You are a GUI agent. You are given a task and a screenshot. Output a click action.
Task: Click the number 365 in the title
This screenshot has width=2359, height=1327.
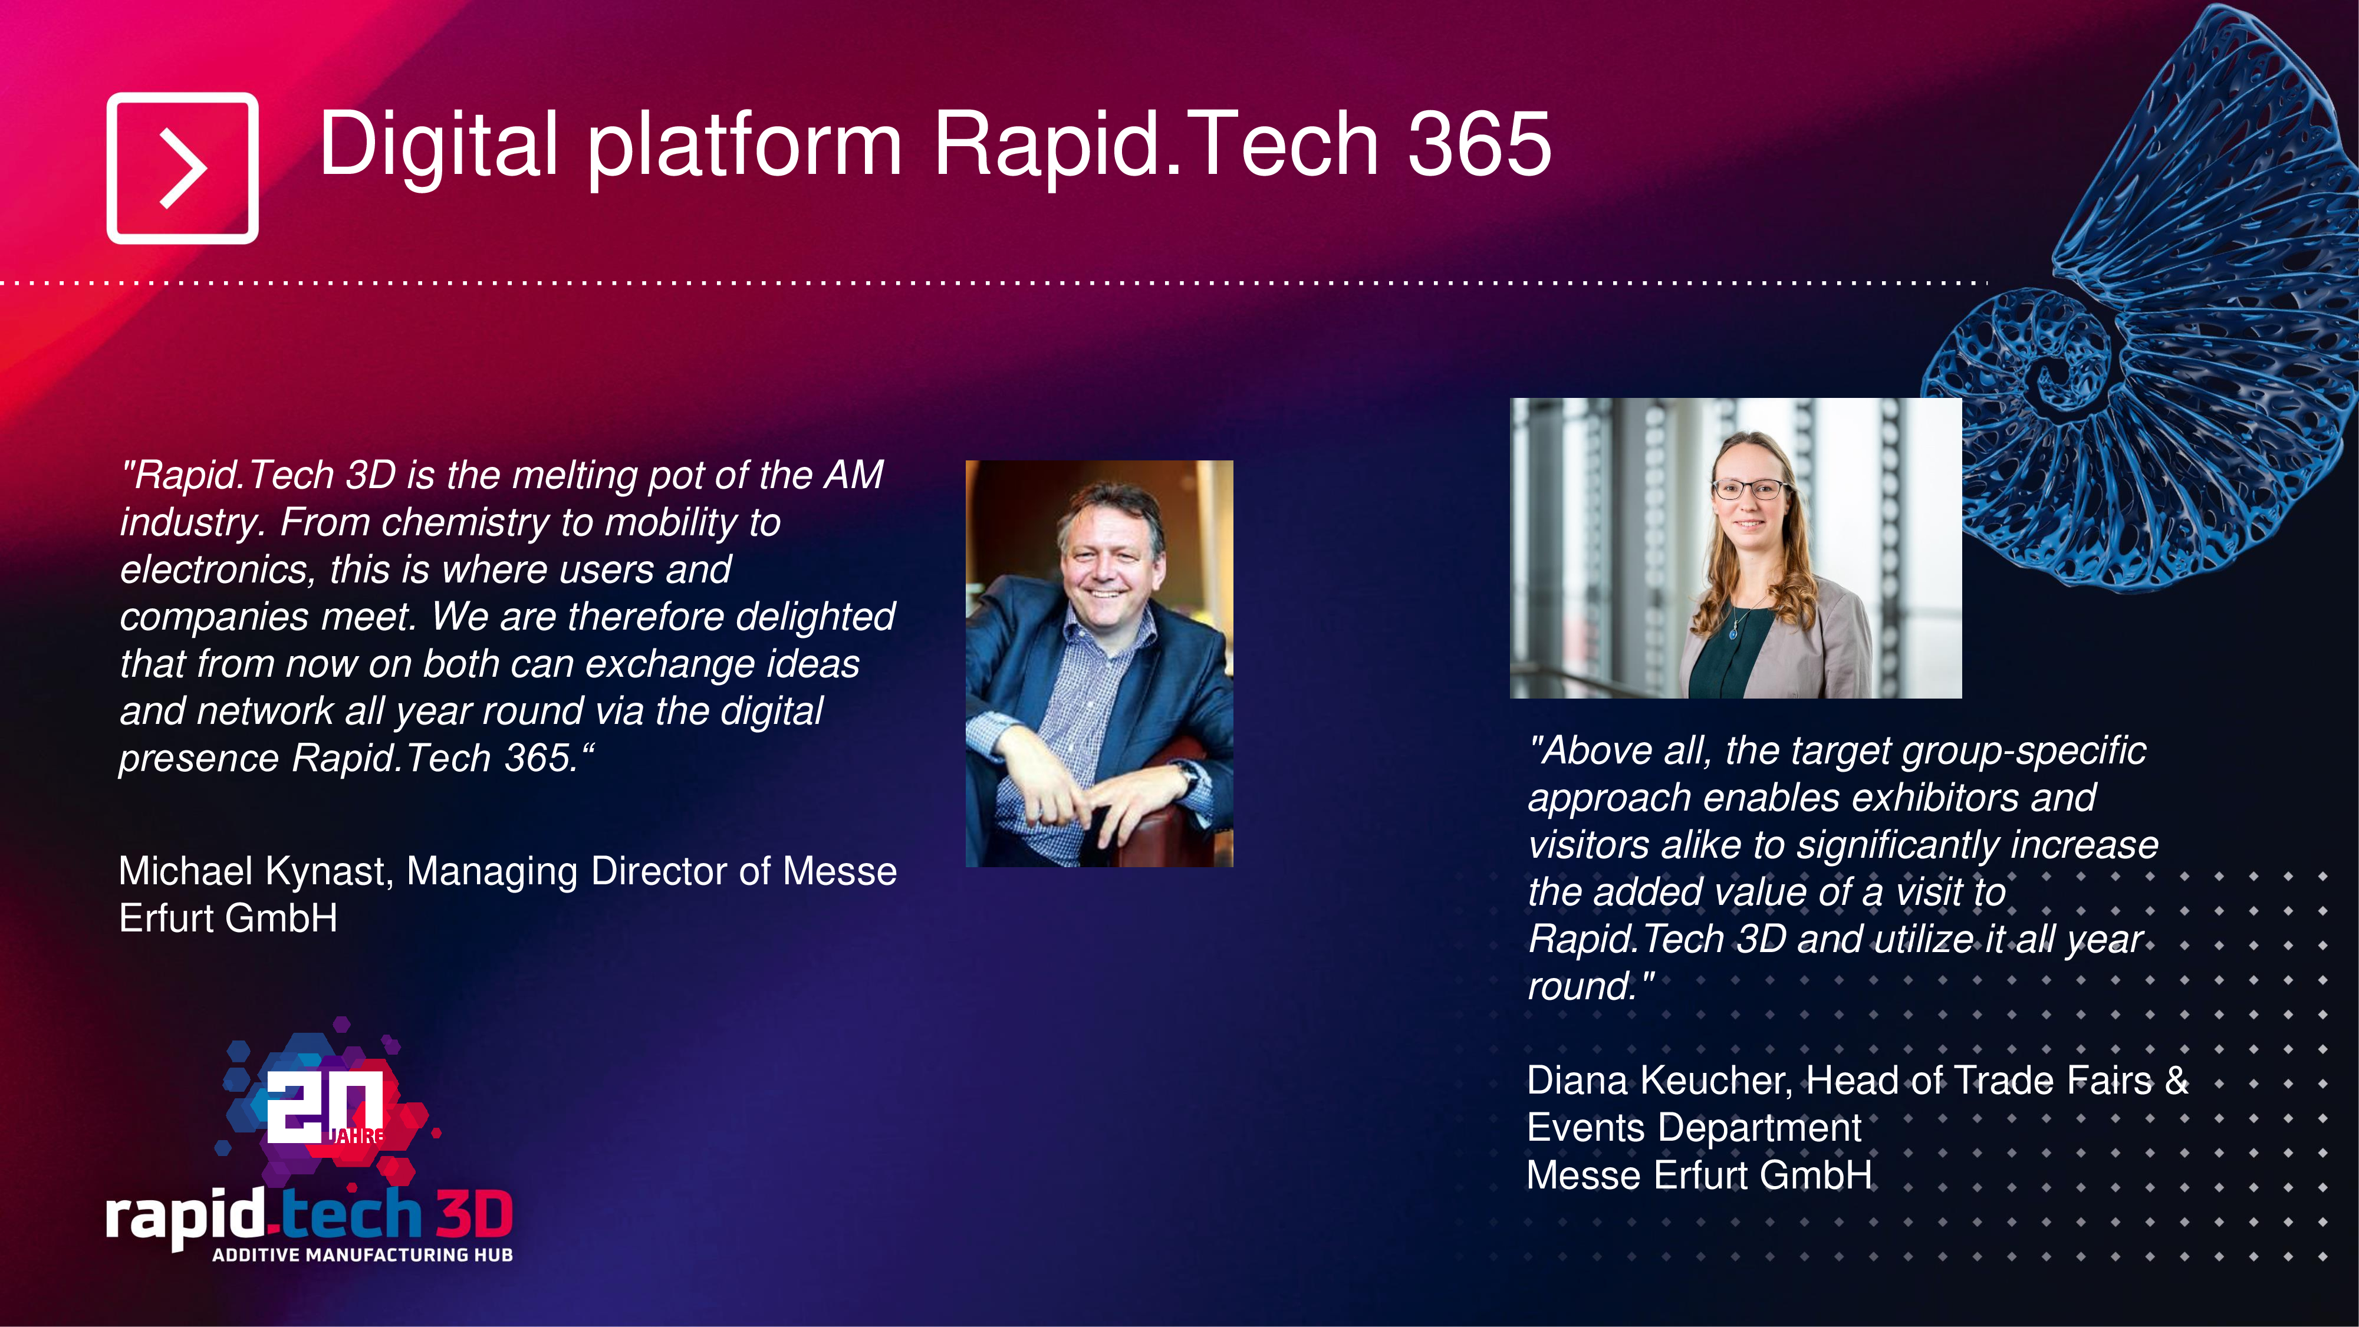pos(1478,144)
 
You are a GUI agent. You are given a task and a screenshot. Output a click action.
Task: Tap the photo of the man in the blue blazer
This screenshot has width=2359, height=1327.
pos(1099,663)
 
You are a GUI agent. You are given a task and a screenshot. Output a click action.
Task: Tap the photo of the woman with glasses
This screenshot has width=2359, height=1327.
pos(1735,548)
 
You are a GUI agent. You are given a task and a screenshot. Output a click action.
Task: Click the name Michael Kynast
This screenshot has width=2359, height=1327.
pos(255,871)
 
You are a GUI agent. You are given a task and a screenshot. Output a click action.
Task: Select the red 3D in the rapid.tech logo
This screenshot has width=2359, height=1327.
pos(473,1214)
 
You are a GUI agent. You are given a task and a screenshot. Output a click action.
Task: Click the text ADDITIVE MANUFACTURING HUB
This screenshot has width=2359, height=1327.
pos(363,1254)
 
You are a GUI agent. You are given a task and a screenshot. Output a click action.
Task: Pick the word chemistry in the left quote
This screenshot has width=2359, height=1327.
pos(466,523)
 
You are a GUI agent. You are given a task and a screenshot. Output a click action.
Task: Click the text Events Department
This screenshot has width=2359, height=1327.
pos(1694,1128)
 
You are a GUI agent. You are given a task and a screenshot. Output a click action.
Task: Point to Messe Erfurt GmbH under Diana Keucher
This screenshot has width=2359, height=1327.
pos(1700,1175)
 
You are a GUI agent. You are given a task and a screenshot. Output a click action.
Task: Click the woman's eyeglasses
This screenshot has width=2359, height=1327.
pos(1749,489)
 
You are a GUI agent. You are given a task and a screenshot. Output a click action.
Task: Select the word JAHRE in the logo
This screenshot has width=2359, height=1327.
pos(356,1135)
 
